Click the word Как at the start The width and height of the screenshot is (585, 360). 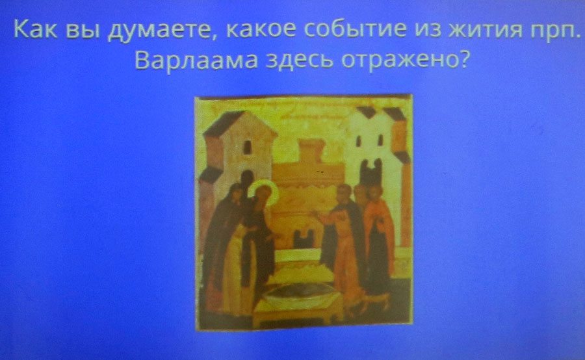point(36,29)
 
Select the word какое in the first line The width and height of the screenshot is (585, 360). point(261,29)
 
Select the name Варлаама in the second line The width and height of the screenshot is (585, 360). point(196,60)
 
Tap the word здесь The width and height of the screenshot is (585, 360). point(299,60)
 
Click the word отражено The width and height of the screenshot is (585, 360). point(400,61)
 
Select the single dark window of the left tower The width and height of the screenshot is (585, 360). point(248,147)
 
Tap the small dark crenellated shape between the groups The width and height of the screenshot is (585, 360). point(304,238)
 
